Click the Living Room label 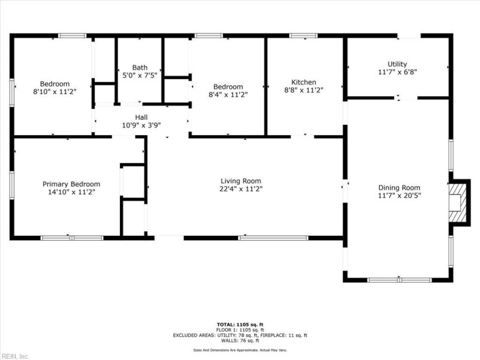(x=241, y=181)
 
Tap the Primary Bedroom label (x=71, y=184)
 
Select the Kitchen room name (x=304, y=82)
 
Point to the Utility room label (x=397, y=64)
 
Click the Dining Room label (x=399, y=187)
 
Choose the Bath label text (x=139, y=68)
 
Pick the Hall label (x=141, y=117)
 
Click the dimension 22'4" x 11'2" (x=241, y=188)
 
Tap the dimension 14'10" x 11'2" (x=71, y=192)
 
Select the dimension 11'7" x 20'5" (x=399, y=195)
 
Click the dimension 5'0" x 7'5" (x=139, y=76)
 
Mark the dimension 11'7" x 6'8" (x=397, y=72)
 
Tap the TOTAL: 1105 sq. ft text (x=240, y=325)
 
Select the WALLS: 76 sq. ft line (x=240, y=341)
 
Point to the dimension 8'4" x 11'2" (x=228, y=94)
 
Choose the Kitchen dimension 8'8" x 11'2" (x=304, y=90)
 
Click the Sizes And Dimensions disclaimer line (x=240, y=350)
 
